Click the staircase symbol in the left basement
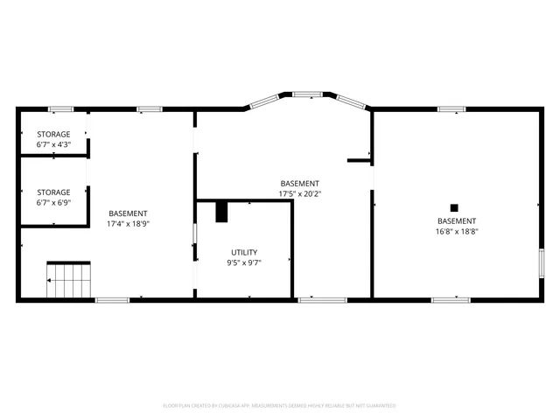coord(69,280)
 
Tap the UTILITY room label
coord(244,252)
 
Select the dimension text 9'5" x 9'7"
coord(244,262)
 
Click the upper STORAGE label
coord(53,134)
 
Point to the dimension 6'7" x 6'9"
coord(53,202)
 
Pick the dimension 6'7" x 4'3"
coord(53,144)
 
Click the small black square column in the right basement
coord(454,208)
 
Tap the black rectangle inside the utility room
coord(221,211)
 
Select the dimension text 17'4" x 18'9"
coord(128,224)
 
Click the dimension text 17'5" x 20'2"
coord(300,193)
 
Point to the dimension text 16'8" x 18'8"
coord(457,232)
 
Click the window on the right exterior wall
coord(542,262)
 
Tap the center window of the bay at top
coord(307,94)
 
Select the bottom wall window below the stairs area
coord(112,300)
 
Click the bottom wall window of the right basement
coord(451,300)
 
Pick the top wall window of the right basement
coord(451,109)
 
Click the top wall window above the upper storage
coord(60,109)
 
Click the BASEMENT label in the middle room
coord(300,183)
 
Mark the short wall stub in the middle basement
coord(359,160)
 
